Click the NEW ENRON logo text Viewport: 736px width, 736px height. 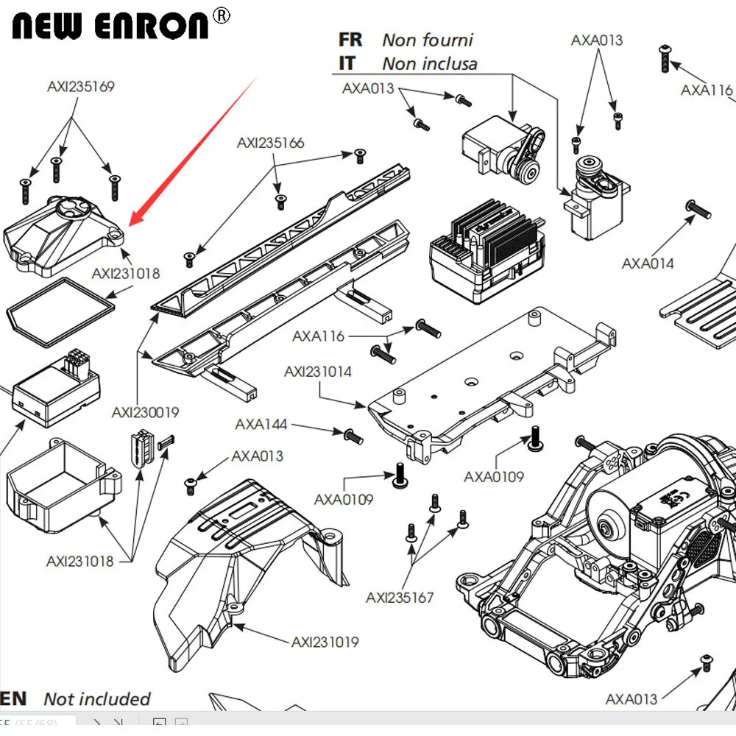tap(110, 24)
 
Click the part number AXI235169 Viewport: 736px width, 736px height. tap(81, 86)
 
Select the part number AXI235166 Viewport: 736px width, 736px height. tap(270, 143)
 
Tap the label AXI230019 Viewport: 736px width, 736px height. tap(145, 413)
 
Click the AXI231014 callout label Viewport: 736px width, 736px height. tap(318, 372)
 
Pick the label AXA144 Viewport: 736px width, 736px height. tap(261, 425)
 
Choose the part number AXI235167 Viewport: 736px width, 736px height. tap(400, 598)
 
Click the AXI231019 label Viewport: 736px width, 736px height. tap(325, 643)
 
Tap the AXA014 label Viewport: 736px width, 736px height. tap(648, 263)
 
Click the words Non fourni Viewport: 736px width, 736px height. tap(428, 40)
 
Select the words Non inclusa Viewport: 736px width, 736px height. tap(430, 64)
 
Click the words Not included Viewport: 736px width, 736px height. tap(96, 699)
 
